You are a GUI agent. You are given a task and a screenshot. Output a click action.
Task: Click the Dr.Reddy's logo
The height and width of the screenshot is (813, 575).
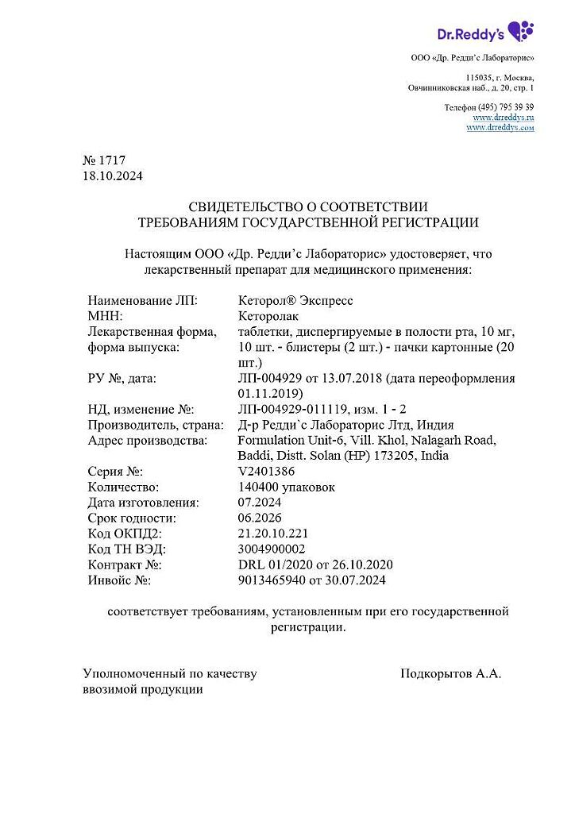[485, 32]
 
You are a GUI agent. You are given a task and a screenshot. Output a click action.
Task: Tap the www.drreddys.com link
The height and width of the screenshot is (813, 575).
[500, 127]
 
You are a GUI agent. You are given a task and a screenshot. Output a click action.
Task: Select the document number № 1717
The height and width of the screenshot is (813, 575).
[104, 160]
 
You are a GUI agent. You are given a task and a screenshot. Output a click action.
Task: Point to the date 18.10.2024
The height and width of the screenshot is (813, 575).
[113, 175]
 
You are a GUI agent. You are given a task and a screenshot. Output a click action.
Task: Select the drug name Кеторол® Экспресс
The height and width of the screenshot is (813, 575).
[295, 301]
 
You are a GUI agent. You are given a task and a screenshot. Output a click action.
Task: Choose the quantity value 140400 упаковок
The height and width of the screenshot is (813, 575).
[287, 487]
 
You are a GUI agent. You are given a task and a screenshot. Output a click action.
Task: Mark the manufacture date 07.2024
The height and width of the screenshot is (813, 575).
[259, 502]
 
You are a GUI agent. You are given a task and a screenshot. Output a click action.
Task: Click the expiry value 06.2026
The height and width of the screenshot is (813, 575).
[259, 518]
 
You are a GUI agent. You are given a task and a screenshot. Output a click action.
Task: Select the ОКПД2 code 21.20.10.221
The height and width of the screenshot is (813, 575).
[272, 533]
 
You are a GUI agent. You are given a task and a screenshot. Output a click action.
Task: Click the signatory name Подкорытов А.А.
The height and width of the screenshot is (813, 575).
[451, 674]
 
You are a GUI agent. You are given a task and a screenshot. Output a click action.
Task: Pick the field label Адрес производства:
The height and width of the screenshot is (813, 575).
[148, 441]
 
